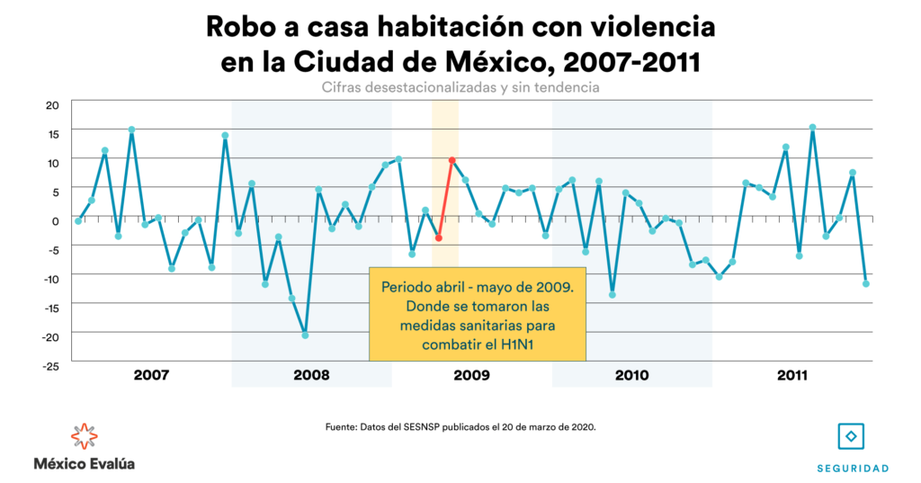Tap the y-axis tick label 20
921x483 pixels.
pos(52,104)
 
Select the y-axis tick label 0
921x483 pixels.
pos(55,221)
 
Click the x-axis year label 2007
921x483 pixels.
pos(151,374)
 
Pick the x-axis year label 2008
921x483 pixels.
pos(311,374)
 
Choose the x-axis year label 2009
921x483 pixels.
pos(471,374)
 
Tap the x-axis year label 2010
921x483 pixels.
pos(632,374)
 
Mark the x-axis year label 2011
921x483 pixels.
pos(791,374)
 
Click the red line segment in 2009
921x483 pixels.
pos(445,199)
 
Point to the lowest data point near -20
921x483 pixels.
pos(305,335)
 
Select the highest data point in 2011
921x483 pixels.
pos(812,128)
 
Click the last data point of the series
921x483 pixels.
pos(866,283)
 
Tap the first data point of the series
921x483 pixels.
pos(78,220)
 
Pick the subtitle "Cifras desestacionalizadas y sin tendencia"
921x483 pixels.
pos(460,88)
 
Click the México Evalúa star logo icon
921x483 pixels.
pos(84,436)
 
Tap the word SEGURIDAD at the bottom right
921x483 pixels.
pos(852,469)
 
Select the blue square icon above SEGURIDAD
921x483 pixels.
pos(851,436)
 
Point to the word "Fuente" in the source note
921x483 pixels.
pos(343,426)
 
